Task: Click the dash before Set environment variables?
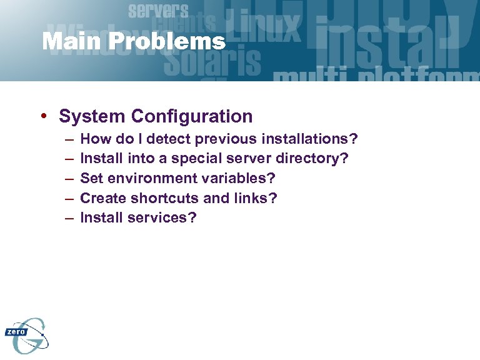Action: [67, 179]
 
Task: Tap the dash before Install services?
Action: [67, 219]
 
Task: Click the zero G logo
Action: [26, 335]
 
